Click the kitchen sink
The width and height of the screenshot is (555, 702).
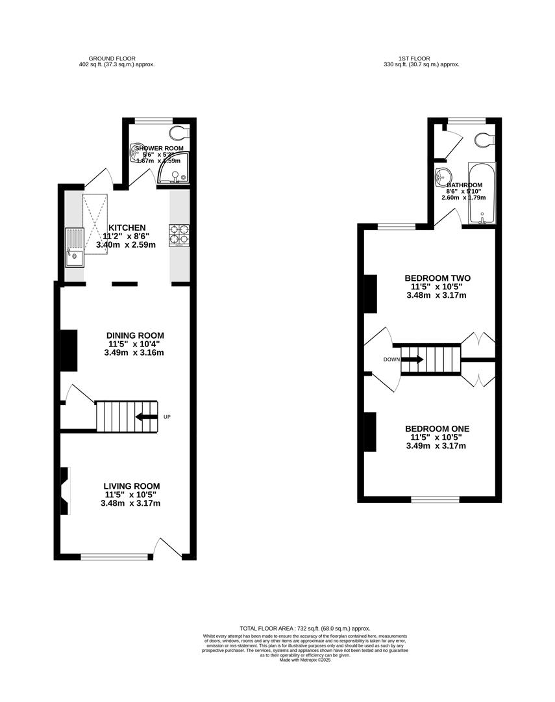pyautogui.click(x=74, y=247)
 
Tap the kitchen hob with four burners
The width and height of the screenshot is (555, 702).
pyautogui.click(x=179, y=235)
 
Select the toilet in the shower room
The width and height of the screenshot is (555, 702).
pyautogui.click(x=181, y=133)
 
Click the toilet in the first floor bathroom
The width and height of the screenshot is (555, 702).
pyautogui.click(x=484, y=140)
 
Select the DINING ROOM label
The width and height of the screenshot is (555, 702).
pyautogui.click(x=135, y=335)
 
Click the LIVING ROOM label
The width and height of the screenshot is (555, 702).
pyautogui.click(x=132, y=486)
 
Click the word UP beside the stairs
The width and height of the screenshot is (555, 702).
pyautogui.click(x=167, y=417)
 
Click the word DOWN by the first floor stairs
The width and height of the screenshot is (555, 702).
pyautogui.click(x=391, y=359)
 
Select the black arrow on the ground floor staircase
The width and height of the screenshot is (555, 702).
pyautogui.click(x=146, y=417)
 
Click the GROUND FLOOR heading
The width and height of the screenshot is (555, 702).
pyautogui.click(x=112, y=58)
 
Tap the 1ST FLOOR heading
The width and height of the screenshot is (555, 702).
pyautogui.click(x=415, y=58)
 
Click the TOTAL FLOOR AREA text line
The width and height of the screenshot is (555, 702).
pyautogui.click(x=305, y=629)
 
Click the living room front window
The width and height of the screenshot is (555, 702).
pyautogui.click(x=115, y=556)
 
